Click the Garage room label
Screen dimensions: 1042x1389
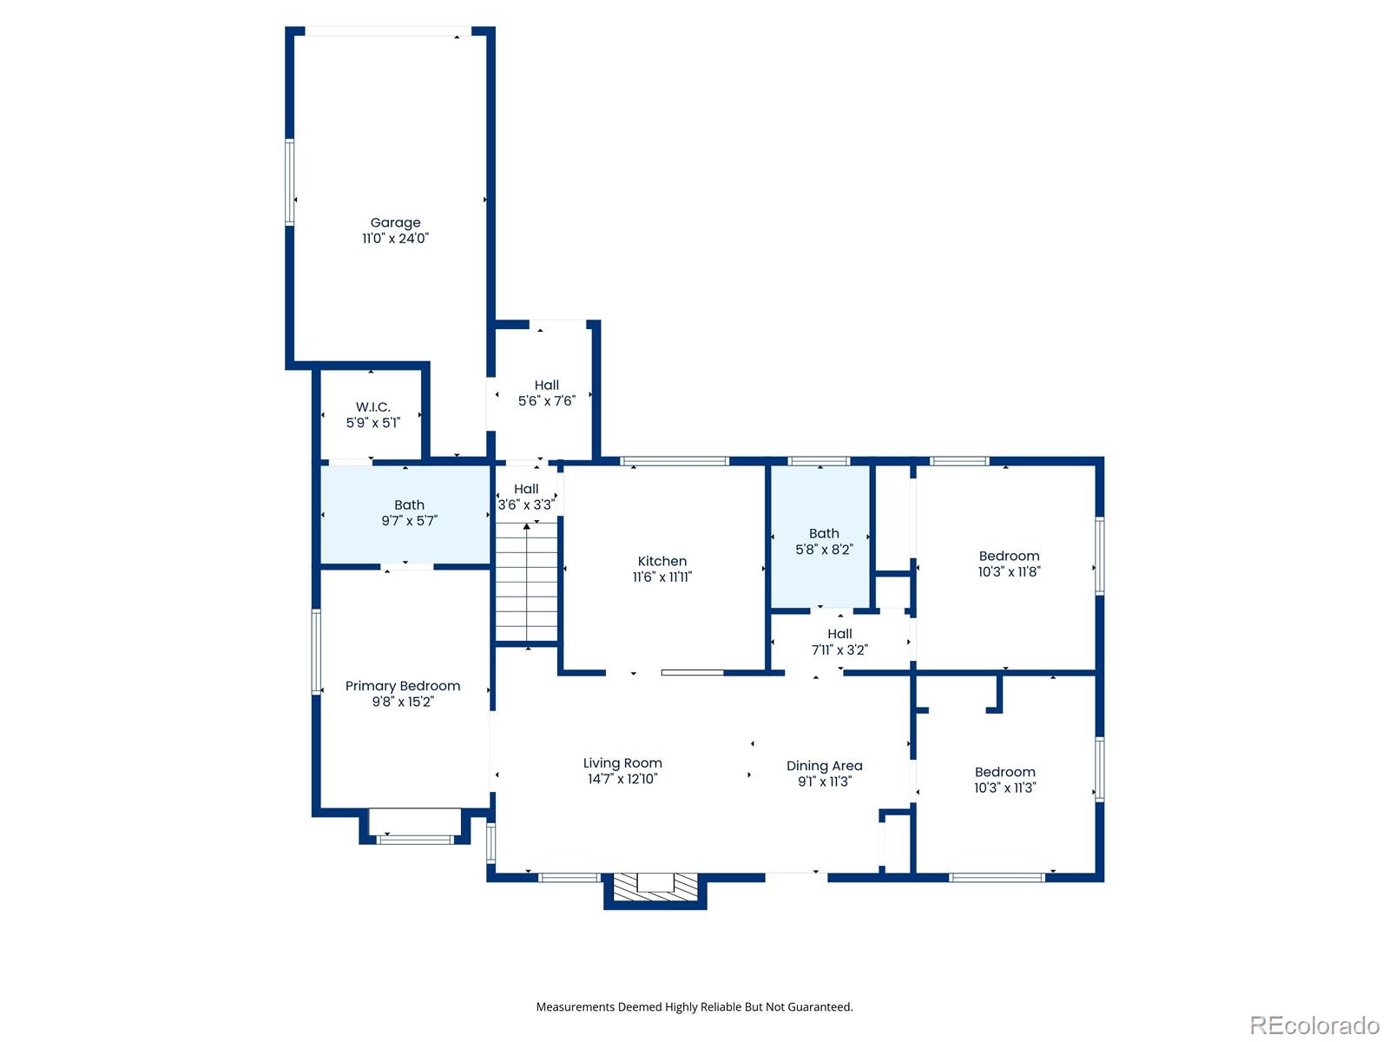click(395, 223)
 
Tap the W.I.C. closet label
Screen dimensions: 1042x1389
click(373, 407)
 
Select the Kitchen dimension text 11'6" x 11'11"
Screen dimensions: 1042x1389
click(662, 577)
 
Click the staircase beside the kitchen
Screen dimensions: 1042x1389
click(527, 582)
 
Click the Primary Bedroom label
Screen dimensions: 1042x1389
click(403, 686)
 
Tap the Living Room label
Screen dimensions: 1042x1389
click(622, 763)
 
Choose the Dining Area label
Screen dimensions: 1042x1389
click(824, 766)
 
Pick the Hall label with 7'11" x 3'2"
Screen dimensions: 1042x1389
click(839, 634)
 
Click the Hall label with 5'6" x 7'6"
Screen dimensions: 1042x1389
click(547, 386)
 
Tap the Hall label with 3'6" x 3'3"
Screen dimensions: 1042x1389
click(526, 490)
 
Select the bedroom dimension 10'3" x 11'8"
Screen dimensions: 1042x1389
click(1009, 572)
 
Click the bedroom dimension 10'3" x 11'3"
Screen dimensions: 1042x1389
click(1004, 788)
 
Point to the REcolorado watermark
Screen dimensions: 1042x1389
click(1314, 1026)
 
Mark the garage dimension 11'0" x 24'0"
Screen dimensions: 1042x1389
click(395, 239)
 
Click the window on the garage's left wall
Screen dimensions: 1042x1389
click(290, 182)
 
